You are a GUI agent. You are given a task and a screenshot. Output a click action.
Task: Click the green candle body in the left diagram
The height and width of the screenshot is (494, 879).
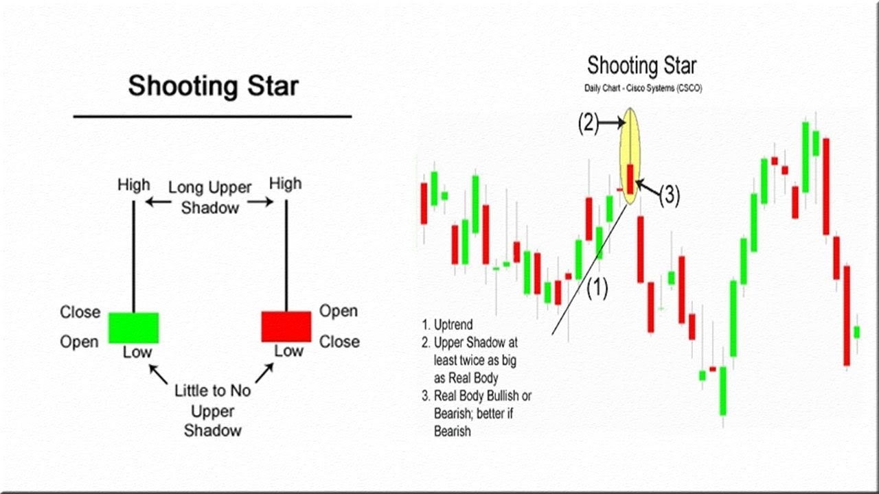point(133,327)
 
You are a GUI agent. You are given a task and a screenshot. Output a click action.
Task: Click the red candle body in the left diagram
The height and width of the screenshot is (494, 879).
point(286,326)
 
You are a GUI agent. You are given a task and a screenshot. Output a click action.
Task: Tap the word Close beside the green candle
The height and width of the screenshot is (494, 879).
point(80,312)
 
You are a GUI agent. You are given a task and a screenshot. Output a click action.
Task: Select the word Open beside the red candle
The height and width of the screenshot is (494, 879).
point(339,311)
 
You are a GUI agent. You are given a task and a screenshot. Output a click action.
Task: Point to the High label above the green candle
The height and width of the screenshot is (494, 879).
point(133,185)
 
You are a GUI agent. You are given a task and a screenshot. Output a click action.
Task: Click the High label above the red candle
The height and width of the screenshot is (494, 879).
point(285,183)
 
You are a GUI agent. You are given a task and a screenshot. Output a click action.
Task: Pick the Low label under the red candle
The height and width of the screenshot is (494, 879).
point(288,351)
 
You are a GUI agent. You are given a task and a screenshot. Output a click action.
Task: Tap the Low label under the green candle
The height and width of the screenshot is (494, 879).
point(137,353)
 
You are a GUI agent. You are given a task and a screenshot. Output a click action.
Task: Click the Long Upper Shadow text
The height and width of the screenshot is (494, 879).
point(210,197)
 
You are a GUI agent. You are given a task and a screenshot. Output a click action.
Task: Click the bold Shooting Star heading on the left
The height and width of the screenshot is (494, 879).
point(213,86)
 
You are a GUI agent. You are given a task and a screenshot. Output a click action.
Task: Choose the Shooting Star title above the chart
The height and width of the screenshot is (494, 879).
point(641,66)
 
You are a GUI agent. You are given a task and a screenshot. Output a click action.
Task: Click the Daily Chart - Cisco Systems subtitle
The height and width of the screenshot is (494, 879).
point(642,89)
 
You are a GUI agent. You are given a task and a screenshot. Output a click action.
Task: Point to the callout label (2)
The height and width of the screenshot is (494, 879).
point(588,123)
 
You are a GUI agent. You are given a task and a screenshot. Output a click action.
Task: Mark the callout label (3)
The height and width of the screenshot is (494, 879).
point(669,196)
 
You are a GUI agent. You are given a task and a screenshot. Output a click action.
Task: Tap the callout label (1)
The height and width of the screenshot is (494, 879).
point(597,289)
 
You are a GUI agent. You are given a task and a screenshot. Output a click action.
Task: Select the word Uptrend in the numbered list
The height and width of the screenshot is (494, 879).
point(453,325)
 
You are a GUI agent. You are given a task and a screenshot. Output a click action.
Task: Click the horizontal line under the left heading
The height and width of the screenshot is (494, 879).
point(212,117)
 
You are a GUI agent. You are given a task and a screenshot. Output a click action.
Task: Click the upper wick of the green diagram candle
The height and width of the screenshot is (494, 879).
point(133,254)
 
